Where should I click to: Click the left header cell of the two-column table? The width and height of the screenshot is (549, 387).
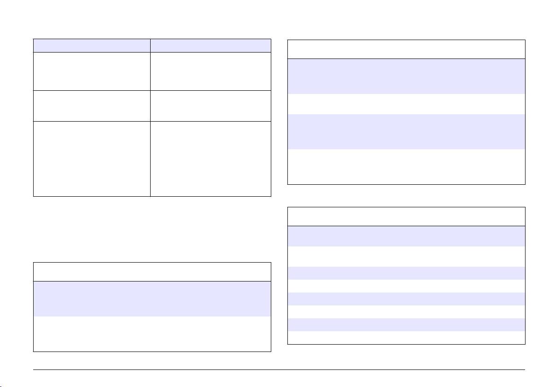point(92,45)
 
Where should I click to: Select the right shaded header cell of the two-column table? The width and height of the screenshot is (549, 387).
point(210,45)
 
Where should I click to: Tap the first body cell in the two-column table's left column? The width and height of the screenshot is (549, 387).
point(92,71)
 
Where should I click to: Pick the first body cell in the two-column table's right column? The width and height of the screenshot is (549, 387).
point(210,71)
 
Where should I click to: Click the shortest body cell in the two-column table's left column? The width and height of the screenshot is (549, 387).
point(92,106)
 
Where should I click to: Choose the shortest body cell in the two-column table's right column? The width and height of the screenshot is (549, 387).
point(210,106)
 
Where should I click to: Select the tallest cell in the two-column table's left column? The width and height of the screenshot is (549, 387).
point(92,159)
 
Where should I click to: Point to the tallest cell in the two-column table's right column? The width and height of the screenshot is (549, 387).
point(210,159)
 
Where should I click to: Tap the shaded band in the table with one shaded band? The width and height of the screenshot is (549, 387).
point(152,299)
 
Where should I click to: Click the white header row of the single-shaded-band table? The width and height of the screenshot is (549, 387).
point(152,272)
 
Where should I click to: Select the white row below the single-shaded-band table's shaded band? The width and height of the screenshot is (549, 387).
point(152,334)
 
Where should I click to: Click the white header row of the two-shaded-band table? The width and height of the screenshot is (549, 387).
point(406,49)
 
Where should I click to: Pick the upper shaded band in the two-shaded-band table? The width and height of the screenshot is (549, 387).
point(406,76)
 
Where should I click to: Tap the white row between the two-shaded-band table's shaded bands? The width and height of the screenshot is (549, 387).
point(406,104)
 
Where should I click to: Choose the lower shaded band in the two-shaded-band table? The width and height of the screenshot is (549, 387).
point(406,131)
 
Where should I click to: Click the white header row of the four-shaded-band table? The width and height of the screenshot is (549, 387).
point(406,216)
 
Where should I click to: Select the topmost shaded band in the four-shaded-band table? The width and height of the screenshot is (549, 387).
point(406,235)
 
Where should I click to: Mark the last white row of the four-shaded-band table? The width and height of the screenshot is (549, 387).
point(406,337)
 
